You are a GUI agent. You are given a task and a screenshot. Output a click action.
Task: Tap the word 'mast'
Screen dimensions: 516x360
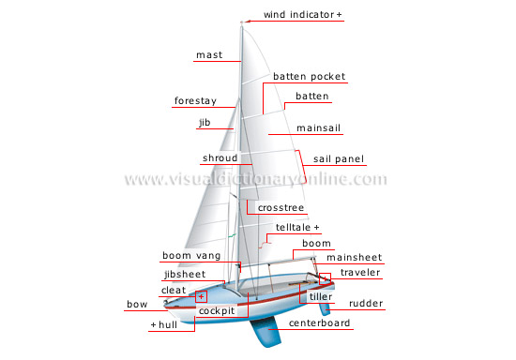pos(208,55)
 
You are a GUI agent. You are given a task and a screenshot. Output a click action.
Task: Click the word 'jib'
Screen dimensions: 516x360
pos(205,122)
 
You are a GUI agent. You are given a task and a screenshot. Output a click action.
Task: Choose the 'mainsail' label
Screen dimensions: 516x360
pos(318,127)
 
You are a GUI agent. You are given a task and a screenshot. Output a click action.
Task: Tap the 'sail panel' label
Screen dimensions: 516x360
pos(338,159)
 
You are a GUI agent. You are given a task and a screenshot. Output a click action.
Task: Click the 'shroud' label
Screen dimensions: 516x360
pos(220,158)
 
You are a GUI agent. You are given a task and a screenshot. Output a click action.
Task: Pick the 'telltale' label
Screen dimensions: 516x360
pos(294,228)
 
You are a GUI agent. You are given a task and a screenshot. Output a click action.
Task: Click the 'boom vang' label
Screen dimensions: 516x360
pos(190,255)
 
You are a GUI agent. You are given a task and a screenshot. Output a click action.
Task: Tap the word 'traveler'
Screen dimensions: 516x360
pos(361,273)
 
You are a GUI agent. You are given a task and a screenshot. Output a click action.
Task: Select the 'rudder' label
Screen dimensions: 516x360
pos(366,304)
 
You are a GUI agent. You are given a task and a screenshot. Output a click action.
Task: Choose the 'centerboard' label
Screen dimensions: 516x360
pos(320,323)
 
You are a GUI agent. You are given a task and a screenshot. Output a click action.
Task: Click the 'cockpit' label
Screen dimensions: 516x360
pos(216,308)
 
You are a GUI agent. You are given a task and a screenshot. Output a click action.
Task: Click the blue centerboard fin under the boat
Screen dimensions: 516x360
pos(267,333)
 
